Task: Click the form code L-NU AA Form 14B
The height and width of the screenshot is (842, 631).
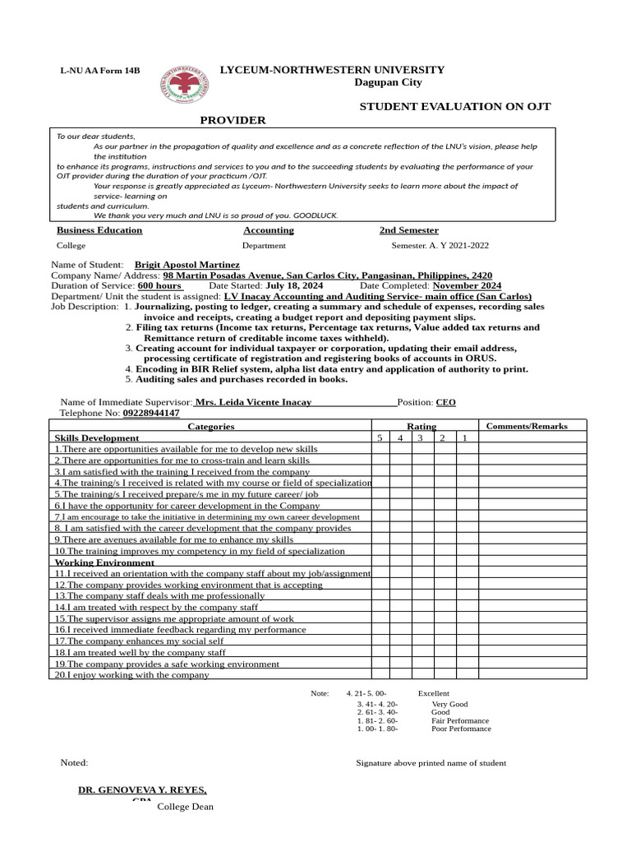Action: [99, 72]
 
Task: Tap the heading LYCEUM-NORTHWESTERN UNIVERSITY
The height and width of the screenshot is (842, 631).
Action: [332, 70]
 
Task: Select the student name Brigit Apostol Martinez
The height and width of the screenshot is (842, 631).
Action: [187, 265]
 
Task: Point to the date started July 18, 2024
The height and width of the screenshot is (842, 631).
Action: [294, 285]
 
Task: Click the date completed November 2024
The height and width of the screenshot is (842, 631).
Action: [467, 285]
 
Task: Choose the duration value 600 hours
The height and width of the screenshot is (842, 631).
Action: [159, 285]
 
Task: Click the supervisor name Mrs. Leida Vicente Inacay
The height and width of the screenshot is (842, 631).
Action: [253, 402]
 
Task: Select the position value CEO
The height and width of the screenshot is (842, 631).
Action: [445, 402]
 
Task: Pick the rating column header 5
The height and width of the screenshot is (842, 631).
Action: [380, 437]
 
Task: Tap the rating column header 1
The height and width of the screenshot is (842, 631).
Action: [464, 437]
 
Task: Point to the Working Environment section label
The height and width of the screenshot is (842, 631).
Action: [104, 562]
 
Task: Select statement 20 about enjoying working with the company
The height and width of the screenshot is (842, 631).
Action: [131, 674]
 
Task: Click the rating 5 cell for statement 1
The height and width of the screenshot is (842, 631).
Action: [380, 449]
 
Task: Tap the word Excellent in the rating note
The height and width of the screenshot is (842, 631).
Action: [434, 693]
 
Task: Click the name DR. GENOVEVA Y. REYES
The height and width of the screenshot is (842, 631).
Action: [142, 789]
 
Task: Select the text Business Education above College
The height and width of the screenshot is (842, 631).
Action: [99, 230]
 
